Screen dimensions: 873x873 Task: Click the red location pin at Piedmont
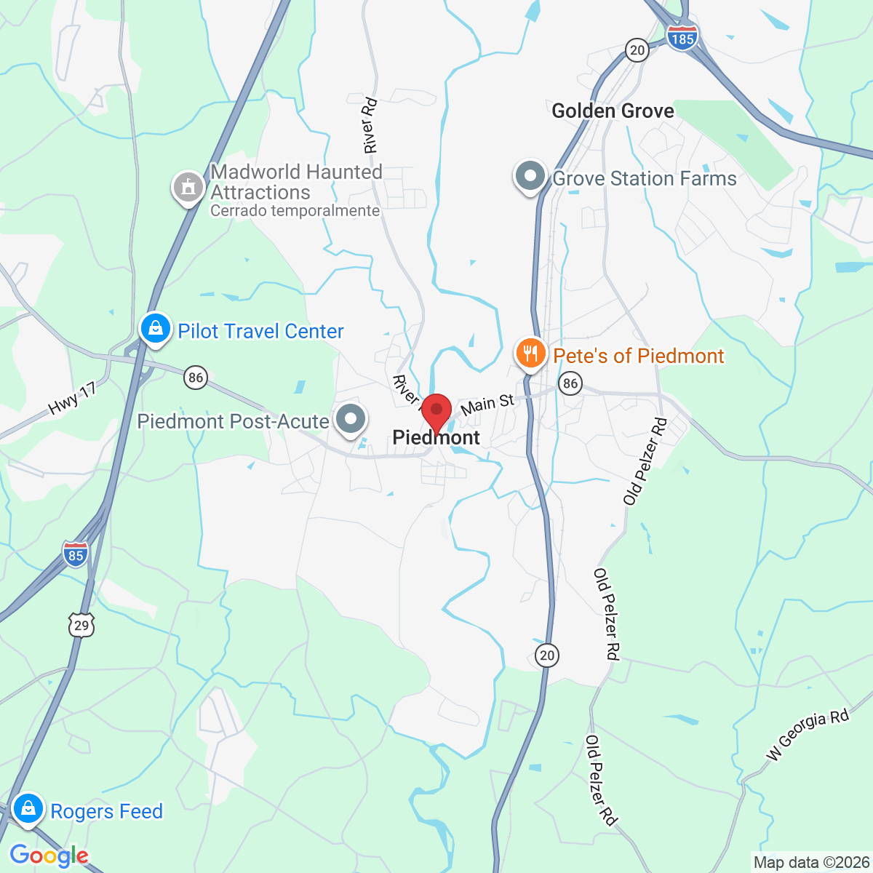(x=436, y=411)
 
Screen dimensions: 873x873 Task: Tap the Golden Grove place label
(x=613, y=111)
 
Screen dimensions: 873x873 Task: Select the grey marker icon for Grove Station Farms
(x=530, y=177)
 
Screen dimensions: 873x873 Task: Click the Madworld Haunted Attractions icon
(x=188, y=188)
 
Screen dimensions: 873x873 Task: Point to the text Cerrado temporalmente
(x=295, y=211)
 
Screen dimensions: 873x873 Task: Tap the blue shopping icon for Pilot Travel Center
(x=155, y=330)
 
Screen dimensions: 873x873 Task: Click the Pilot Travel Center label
(x=260, y=331)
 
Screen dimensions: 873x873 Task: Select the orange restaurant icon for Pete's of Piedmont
(x=531, y=354)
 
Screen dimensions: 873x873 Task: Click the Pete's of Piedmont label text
(x=639, y=356)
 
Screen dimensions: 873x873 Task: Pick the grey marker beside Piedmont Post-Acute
(x=351, y=419)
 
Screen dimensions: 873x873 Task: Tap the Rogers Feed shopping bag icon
(x=28, y=808)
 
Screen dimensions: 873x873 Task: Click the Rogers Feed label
(x=106, y=811)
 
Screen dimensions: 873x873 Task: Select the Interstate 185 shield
(x=682, y=36)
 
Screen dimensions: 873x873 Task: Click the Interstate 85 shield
(x=75, y=554)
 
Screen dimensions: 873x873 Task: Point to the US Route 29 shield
(x=81, y=625)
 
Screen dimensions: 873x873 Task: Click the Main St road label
(x=487, y=404)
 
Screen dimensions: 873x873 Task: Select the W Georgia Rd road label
(x=808, y=734)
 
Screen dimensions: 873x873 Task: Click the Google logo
(x=49, y=856)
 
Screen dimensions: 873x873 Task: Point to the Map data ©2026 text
(x=811, y=863)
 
